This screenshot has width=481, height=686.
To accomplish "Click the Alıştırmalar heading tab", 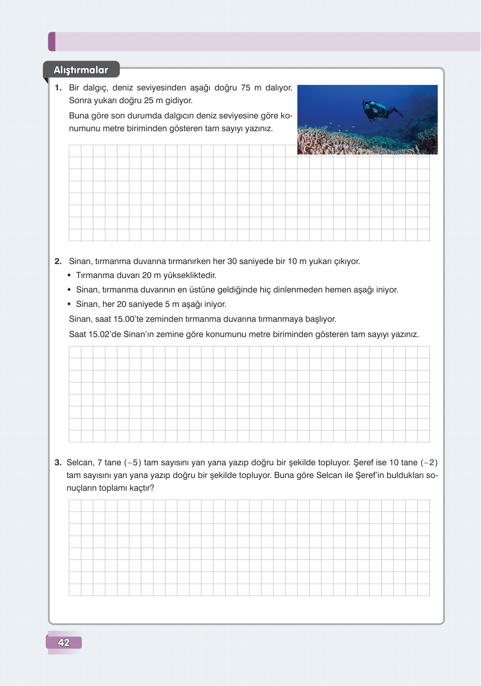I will [81, 70].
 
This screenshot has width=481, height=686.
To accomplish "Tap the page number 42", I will [64, 642].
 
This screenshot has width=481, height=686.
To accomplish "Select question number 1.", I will [59, 88].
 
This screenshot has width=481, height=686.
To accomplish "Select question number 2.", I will [59, 261].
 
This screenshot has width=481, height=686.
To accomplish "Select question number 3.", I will [58, 463].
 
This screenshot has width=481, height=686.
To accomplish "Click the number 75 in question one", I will [246, 88].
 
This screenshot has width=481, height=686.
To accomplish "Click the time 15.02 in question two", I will [99, 334].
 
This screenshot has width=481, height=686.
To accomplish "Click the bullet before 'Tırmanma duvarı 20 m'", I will [69, 276].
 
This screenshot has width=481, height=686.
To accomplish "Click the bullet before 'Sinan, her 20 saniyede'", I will [69, 304].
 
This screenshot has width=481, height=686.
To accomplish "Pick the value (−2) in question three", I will [429, 463].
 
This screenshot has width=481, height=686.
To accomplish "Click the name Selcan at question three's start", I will [79, 463].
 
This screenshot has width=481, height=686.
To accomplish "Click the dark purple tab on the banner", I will [52, 42].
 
